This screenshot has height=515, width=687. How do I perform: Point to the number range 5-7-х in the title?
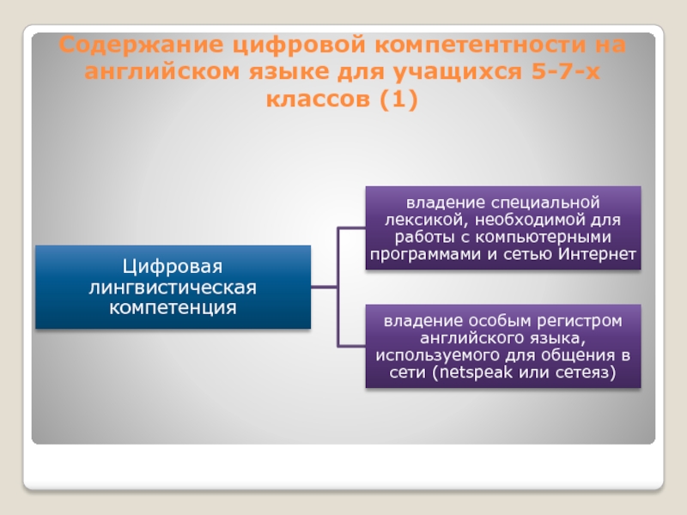point(564,72)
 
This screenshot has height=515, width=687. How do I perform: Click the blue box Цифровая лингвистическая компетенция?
point(173,287)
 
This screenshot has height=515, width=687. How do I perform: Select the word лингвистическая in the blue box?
point(173,287)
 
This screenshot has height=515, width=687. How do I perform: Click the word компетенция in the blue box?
point(173,306)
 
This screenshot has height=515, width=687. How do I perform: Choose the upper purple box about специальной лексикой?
point(503,228)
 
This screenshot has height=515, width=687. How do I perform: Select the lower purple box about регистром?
point(503,346)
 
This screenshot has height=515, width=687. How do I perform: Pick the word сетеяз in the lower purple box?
point(584,373)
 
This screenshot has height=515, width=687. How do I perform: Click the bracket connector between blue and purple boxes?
point(339,287)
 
